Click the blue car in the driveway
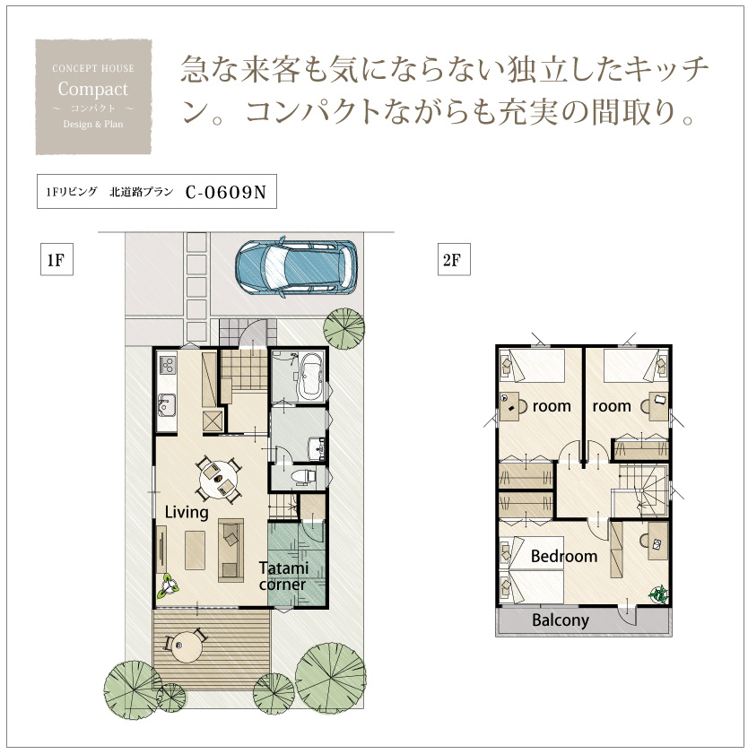point(296,266)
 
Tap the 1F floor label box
point(57,260)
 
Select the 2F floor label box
point(454,260)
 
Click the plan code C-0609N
point(226,192)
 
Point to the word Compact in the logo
point(93,89)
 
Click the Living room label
point(187,512)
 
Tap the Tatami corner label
point(283,576)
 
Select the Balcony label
point(561,620)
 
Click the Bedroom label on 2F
point(564,557)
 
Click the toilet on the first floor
point(303,476)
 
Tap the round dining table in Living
point(218,479)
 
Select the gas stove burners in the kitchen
point(168,365)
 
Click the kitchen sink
point(167,404)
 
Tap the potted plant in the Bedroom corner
point(658,594)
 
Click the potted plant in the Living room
point(170,585)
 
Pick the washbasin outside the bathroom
point(317,448)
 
